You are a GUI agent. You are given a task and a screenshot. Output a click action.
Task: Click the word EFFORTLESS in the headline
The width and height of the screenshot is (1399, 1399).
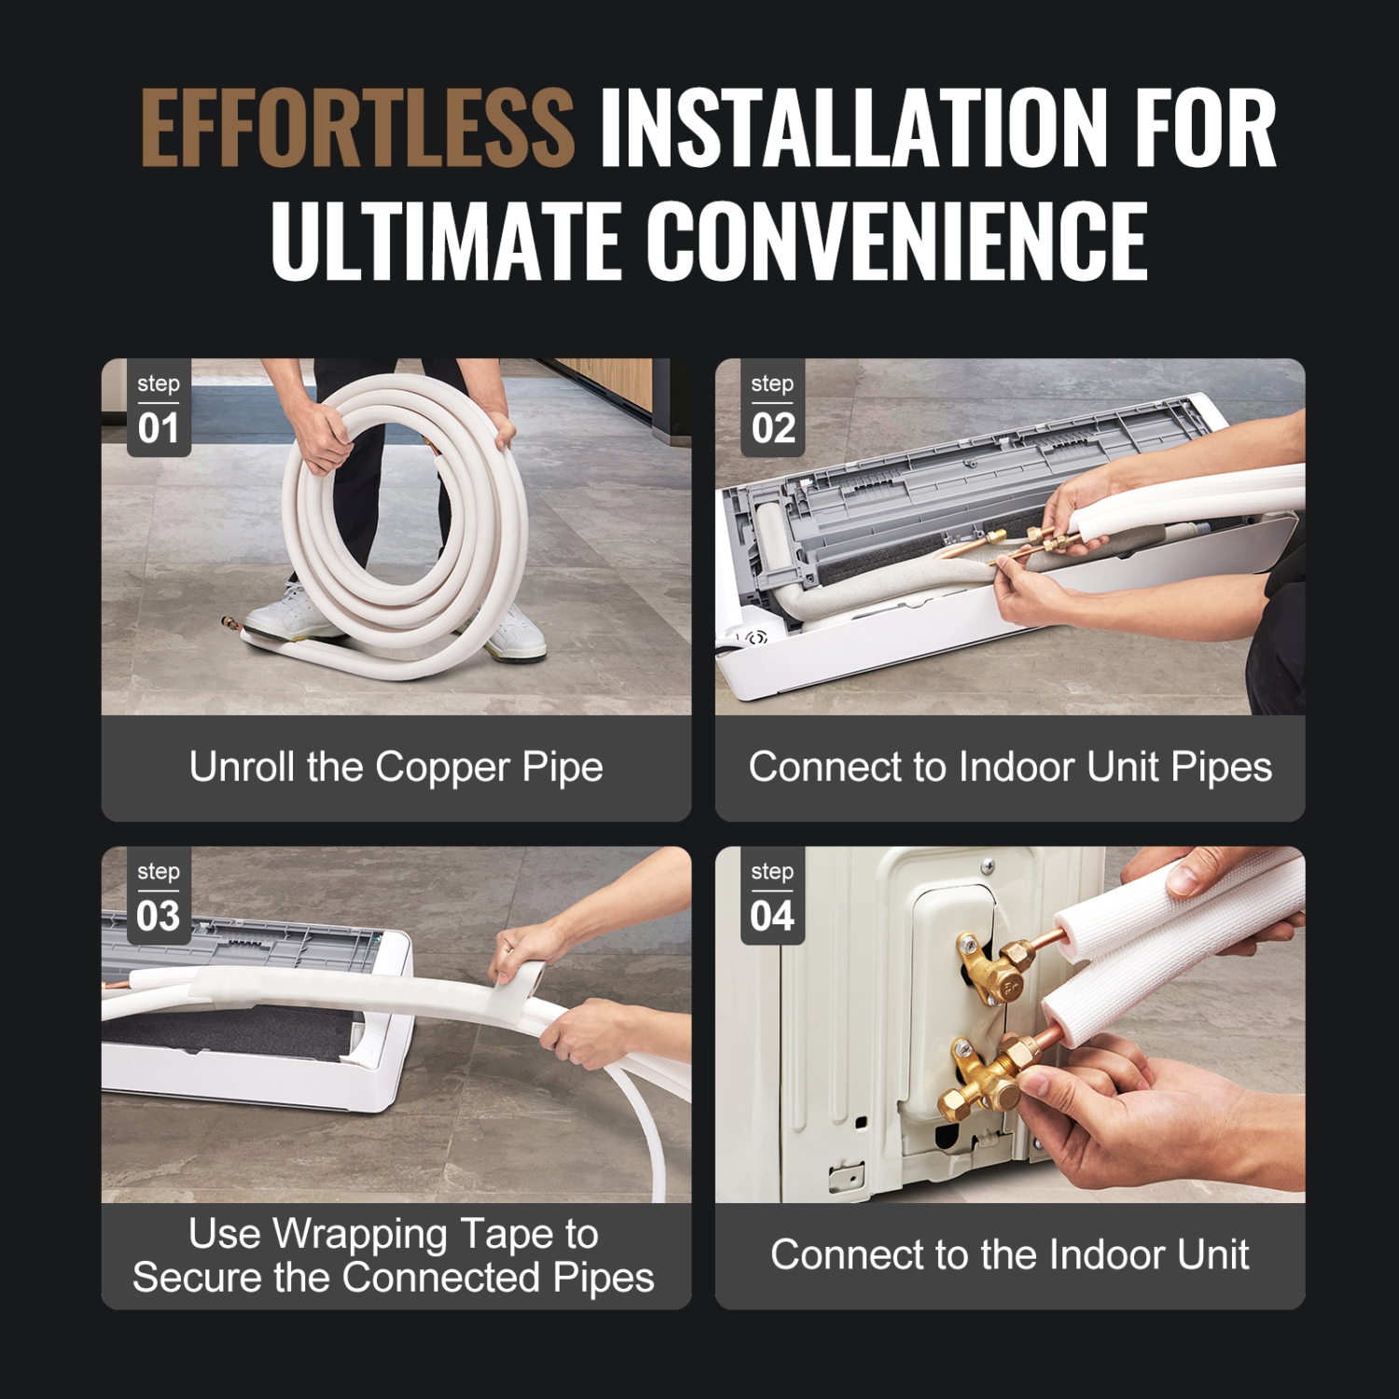pyautogui.click(x=357, y=128)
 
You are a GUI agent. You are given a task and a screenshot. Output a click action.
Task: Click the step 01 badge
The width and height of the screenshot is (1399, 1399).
pyautogui.click(x=159, y=409)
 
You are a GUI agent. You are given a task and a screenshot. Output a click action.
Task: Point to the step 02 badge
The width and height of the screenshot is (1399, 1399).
pyautogui.click(x=772, y=409)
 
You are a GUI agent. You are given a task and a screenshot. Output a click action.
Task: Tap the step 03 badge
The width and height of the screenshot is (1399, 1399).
pyautogui.click(x=159, y=896)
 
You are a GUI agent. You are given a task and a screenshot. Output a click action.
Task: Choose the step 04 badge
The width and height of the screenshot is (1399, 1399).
pyautogui.click(x=772, y=896)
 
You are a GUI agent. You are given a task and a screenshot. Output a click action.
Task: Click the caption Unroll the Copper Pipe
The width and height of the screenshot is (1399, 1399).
pyautogui.click(x=396, y=768)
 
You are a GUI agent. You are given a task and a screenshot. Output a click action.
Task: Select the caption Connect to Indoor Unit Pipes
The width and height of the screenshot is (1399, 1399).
pyautogui.click(x=1010, y=768)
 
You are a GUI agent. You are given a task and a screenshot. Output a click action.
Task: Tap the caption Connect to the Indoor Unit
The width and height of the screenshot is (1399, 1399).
pyautogui.click(x=1010, y=1255)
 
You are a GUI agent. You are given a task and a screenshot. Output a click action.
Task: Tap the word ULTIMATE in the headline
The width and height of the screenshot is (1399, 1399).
pyautogui.click(x=446, y=241)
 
